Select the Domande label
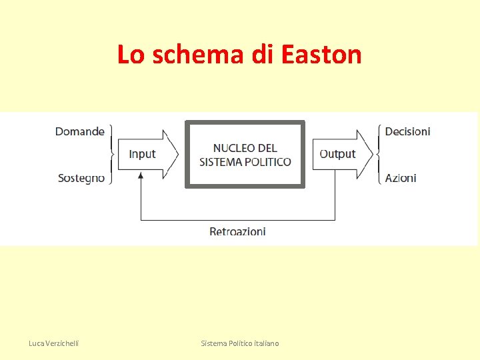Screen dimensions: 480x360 pyautogui.click(x=80, y=131)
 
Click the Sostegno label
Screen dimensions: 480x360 pyautogui.click(x=81, y=178)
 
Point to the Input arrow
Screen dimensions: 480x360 pyautogui.click(x=147, y=154)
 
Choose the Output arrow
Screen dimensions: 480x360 pyautogui.click(x=342, y=154)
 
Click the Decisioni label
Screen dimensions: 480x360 pyautogui.click(x=407, y=131)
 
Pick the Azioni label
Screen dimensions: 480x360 pyautogui.click(x=401, y=178)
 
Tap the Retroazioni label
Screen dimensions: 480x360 pyautogui.click(x=237, y=231)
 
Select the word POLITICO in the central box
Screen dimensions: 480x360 pyautogui.click(x=268, y=161)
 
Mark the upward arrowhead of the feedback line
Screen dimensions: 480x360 pyautogui.click(x=141, y=175)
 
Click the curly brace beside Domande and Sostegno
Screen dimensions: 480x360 pyautogui.click(x=111, y=154)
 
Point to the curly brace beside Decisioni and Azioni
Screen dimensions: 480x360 pyautogui.click(x=378, y=154)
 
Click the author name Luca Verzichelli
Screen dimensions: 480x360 pyautogui.click(x=53, y=343)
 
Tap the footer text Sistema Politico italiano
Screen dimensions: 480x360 pyautogui.click(x=240, y=343)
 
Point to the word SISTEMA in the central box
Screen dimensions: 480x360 pyautogui.click(x=221, y=161)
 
